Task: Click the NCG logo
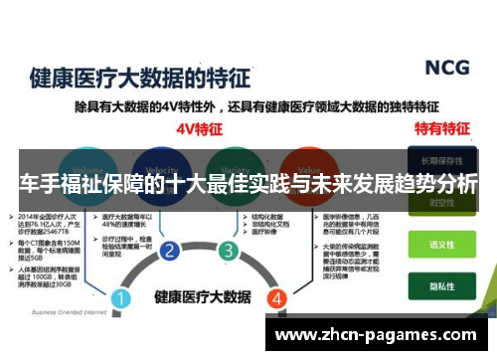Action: click(447, 67)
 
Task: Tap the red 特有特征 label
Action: click(441, 128)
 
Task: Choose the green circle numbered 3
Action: click(229, 250)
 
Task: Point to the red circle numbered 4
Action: click(277, 295)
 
